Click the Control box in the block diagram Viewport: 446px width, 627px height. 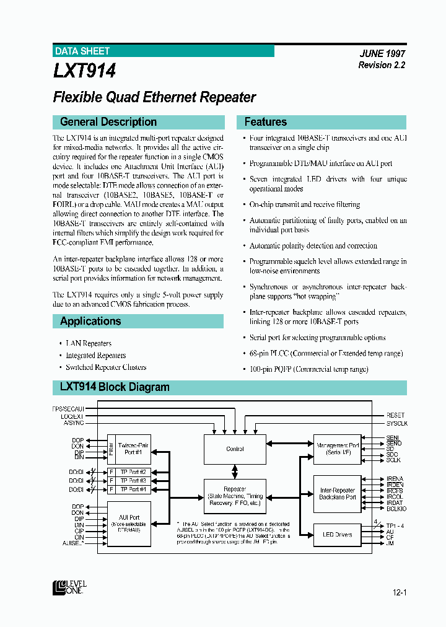(235, 449)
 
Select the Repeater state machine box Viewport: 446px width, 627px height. (235, 496)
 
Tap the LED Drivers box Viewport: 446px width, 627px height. (336, 535)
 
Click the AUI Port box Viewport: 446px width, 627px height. (129, 524)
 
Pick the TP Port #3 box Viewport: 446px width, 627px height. (133, 481)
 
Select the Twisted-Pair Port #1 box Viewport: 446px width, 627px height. (133, 449)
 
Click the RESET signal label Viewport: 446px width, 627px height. (395, 415)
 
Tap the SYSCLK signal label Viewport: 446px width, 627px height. (397, 423)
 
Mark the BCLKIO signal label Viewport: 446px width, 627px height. (396, 509)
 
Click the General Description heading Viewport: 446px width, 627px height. (108, 122)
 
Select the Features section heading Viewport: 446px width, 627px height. (266, 122)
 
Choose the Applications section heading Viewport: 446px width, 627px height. (90, 321)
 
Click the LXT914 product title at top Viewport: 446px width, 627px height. (84, 71)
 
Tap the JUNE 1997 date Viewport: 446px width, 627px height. (382, 54)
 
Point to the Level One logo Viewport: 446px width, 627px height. (69, 587)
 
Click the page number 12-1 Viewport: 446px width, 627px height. (399, 593)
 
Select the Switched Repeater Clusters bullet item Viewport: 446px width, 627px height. (106, 367)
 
